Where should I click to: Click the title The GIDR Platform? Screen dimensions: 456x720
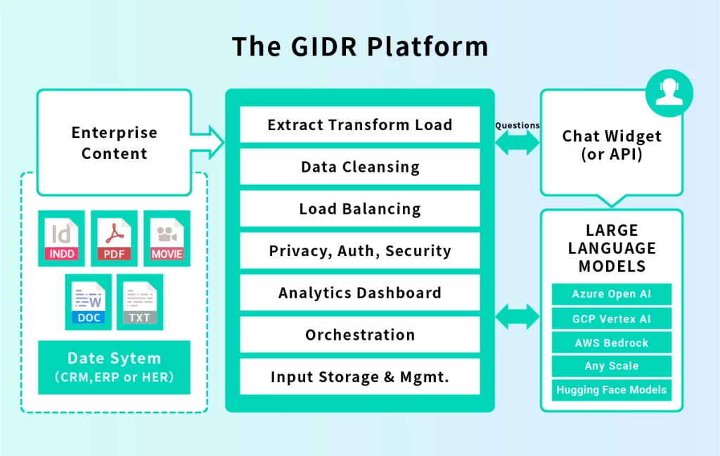click(x=360, y=46)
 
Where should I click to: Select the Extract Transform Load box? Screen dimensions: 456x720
click(x=360, y=125)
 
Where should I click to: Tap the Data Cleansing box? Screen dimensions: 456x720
click(x=360, y=167)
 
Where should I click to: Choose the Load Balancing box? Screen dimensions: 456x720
click(x=360, y=209)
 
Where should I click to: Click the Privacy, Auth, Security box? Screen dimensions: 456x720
click(x=360, y=251)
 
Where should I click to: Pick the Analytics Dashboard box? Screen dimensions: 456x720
click(x=360, y=293)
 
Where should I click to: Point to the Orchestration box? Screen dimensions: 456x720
click(x=360, y=335)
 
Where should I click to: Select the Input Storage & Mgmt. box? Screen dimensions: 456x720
click(x=360, y=377)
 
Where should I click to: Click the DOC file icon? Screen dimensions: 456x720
click(x=89, y=302)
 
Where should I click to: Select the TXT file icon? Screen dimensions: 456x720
click(x=140, y=302)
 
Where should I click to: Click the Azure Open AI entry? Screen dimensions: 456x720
click(x=611, y=294)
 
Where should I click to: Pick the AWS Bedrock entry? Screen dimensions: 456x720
click(x=611, y=343)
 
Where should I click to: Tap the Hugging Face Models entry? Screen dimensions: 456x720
click(x=611, y=390)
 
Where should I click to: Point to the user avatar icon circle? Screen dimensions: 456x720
click(x=669, y=93)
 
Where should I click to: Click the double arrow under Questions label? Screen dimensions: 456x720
click(x=517, y=144)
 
